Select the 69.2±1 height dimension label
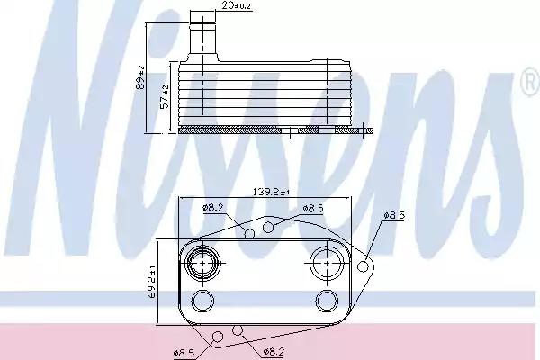153,281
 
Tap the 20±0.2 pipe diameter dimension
213,6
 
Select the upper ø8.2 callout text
212,208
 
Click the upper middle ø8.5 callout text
312,208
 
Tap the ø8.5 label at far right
396,216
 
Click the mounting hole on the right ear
364,265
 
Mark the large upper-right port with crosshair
324,264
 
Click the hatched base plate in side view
270,130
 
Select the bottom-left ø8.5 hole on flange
217,337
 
